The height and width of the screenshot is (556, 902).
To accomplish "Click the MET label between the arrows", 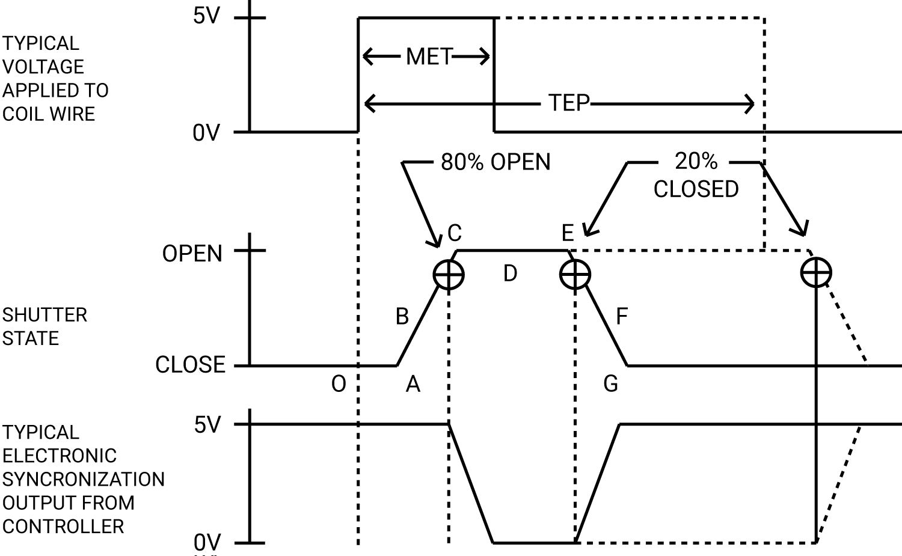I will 428,57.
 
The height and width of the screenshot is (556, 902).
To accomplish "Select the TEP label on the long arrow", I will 568,103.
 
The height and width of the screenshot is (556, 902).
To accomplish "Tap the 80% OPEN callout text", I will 495,162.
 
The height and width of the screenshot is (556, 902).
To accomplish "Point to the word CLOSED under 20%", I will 696,189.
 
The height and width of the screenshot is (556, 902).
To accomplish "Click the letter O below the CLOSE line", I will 339,384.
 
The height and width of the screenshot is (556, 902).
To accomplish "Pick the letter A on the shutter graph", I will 413,383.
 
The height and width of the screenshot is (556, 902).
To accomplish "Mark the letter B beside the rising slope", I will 402,316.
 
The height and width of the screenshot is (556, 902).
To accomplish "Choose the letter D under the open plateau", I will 510,274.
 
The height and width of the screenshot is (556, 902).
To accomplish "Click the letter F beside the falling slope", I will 622,316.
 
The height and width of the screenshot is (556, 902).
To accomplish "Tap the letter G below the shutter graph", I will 610,383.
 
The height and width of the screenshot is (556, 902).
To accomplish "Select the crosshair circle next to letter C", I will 449,275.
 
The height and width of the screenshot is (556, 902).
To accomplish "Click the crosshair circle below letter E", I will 575,275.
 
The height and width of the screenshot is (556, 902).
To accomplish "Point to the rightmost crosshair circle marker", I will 816,273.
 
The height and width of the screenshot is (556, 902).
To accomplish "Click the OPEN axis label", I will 192,254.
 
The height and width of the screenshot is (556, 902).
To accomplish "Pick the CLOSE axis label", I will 190,365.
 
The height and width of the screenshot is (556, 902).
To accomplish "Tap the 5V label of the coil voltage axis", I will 207,17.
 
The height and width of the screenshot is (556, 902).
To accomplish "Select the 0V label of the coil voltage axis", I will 206,133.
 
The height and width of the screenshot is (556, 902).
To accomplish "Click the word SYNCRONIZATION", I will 83,479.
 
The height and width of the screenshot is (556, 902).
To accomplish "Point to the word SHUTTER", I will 44,315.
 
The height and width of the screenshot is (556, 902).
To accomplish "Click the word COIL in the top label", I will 23,114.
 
